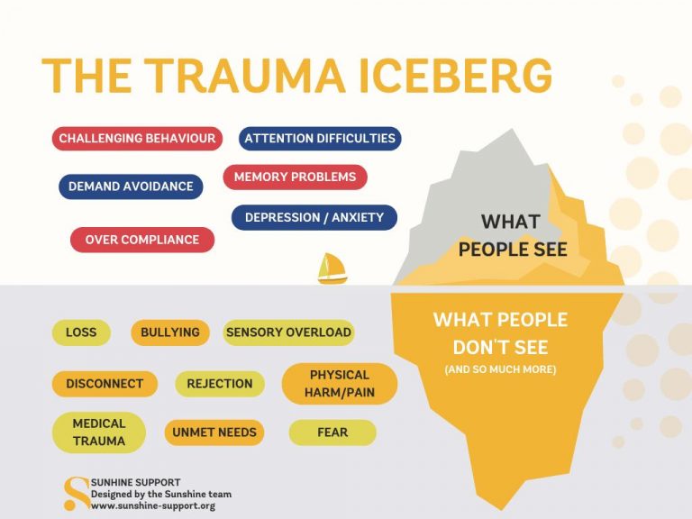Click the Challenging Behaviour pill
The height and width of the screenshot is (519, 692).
(137, 139)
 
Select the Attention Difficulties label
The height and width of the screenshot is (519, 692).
(320, 139)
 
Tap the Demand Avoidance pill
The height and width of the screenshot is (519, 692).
(131, 187)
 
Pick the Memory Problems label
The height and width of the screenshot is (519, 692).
(295, 178)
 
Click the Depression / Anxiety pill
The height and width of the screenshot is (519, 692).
(314, 217)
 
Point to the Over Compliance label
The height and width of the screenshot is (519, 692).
(142, 240)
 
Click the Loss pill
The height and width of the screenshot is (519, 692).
(81, 332)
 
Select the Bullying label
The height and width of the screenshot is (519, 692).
(170, 332)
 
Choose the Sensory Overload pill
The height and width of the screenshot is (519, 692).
(288, 332)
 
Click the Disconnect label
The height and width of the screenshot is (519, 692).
(105, 384)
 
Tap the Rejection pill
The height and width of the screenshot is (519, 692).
(220, 384)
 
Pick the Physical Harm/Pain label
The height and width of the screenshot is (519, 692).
(340, 384)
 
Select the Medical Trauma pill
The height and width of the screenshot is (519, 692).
(99, 432)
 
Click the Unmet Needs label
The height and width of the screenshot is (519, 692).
(214, 432)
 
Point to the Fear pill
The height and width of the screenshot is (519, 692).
(332, 432)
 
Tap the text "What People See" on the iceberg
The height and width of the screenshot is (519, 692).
(513, 235)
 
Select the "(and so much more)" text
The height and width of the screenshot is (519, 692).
(500, 370)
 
